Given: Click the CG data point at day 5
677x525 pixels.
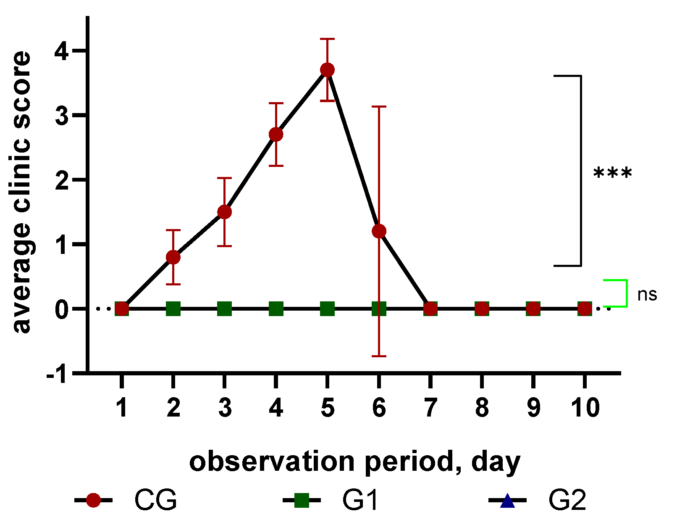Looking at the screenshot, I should click(x=327, y=70).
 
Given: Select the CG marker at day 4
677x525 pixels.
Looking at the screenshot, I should click(x=276, y=135).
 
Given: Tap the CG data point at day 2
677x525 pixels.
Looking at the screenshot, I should click(x=173, y=257).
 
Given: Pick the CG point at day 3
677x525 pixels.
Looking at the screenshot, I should click(x=225, y=212).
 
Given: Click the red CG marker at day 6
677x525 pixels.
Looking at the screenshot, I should click(x=379, y=231).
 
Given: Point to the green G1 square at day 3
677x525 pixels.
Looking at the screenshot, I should click(x=225, y=309).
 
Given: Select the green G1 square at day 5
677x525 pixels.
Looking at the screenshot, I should click(x=327, y=309).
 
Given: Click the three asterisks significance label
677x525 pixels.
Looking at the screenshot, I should click(x=612, y=173).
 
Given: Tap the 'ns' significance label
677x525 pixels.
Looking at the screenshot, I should click(x=647, y=295).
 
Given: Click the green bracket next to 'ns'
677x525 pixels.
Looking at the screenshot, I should click(x=626, y=293).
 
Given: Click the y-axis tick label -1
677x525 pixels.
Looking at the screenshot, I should click(x=56, y=374).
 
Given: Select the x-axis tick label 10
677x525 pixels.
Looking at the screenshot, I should click(x=585, y=408).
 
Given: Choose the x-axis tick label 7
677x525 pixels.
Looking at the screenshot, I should click(x=430, y=408).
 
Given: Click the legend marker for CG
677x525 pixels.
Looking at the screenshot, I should click(x=93, y=500).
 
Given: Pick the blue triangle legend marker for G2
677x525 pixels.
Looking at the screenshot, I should click(x=507, y=500).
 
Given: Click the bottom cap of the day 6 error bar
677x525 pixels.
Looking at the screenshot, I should click(x=379, y=356).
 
